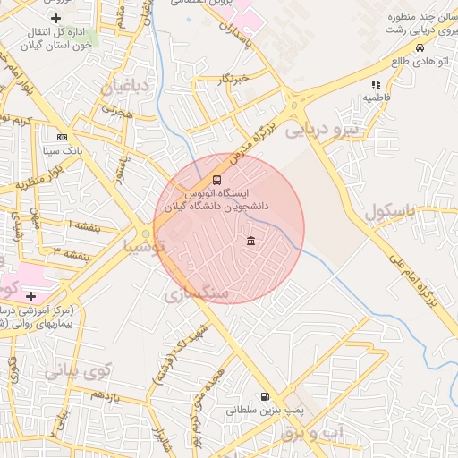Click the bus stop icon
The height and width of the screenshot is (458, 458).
(215, 180)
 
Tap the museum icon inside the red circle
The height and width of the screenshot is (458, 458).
(250, 241)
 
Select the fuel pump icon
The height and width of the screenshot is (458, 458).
(264, 396)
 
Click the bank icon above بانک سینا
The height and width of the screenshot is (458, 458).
(62, 138)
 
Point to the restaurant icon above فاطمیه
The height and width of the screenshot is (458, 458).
(376, 84)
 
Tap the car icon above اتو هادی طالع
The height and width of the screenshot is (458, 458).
(419, 48)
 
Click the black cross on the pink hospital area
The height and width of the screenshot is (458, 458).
(31, 296)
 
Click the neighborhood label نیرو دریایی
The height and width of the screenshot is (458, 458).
(320, 131)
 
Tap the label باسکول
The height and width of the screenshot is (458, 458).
(391, 213)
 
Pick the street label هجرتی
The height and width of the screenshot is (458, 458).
(116, 111)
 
